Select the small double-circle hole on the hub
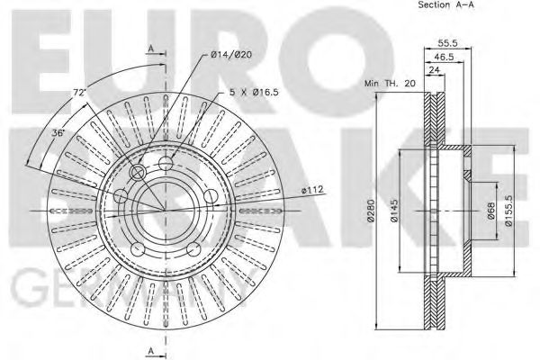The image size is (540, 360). (x=139, y=173)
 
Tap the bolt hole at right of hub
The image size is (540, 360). (x=208, y=196)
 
